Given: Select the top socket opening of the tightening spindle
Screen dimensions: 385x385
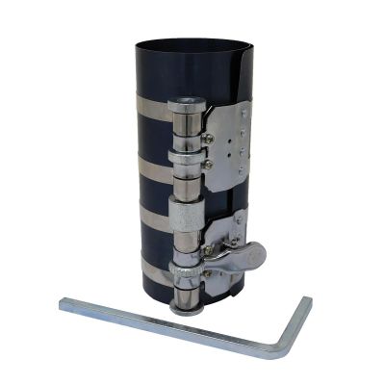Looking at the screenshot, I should tap(185, 103).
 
